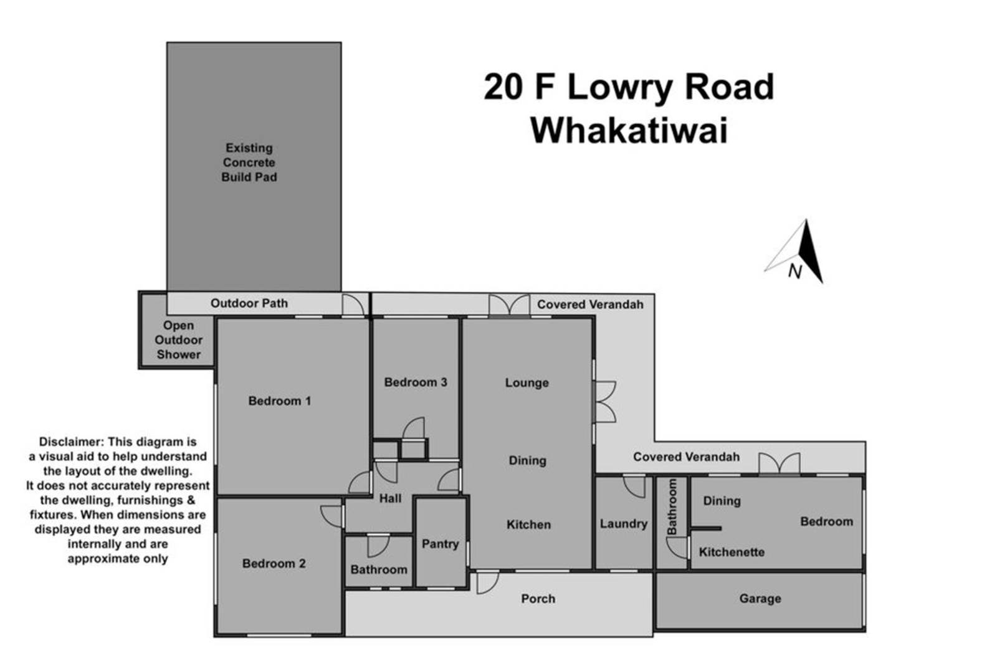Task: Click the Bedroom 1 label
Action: point(280,401)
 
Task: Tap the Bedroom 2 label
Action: point(274,564)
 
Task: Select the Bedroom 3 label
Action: point(415,382)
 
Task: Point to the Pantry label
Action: point(440,544)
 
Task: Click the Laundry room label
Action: point(624,524)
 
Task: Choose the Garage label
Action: point(760,599)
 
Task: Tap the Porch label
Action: point(538,599)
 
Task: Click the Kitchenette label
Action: point(732,553)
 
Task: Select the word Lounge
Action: point(527,383)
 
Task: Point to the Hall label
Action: point(390,498)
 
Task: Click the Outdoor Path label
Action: point(249,303)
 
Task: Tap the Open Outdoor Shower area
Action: point(178,340)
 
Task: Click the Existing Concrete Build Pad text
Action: point(249,163)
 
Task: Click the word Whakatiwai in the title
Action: point(629,130)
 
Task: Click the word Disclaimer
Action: point(71,442)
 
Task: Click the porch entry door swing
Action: point(488,583)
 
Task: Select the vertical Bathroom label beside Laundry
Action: point(672,507)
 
